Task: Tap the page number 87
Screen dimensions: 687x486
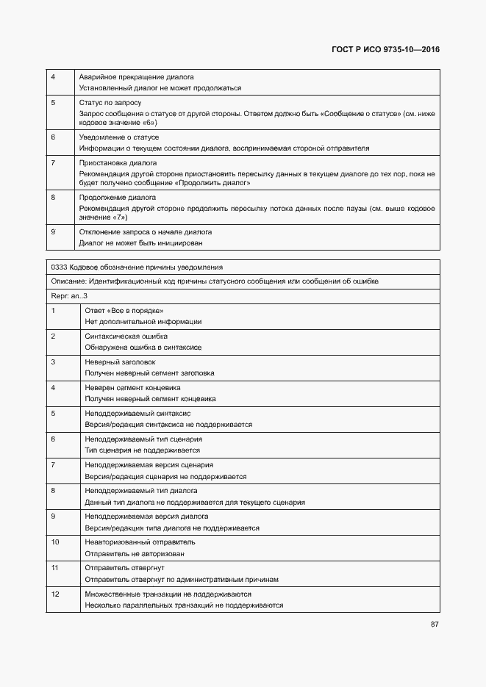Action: pos(435,625)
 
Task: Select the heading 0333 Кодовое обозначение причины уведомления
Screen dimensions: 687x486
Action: pos(137,267)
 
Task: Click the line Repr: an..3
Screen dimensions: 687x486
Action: pos(70,295)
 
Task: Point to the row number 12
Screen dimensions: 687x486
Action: pos(55,594)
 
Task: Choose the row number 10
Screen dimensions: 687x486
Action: pos(55,542)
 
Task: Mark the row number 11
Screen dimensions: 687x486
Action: pos(55,568)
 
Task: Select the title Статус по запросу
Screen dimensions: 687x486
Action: pos(110,103)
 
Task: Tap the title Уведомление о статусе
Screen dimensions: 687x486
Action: pos(118,137)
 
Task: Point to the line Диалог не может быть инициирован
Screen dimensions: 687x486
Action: pos(140,242)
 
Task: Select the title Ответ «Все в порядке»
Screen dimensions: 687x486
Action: pos(124,310)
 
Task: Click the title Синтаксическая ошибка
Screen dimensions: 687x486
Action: pos(126,336)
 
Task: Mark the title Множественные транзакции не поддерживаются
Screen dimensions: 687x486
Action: pos(168,594)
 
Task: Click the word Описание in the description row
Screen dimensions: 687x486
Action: pos(68,281)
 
